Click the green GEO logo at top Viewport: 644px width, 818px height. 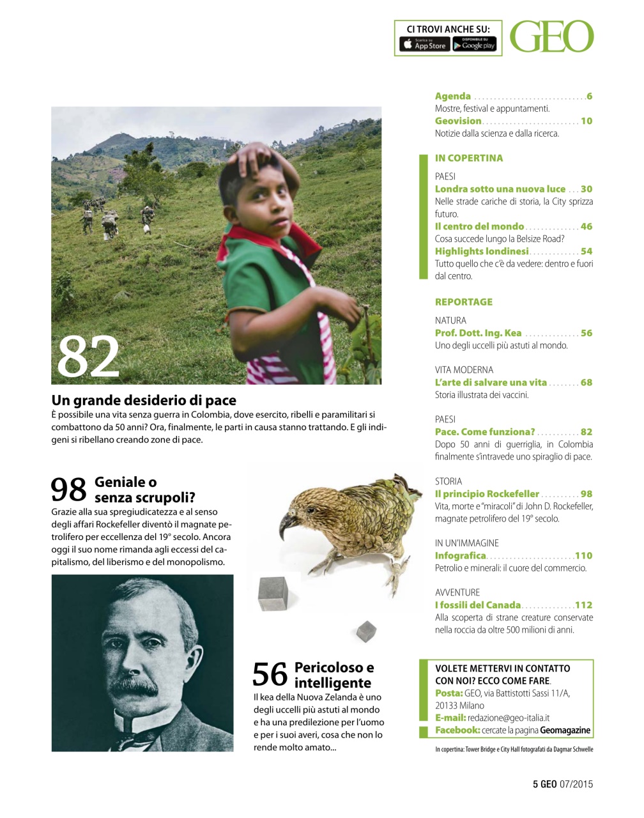pyautogui.click(x=551, y=37)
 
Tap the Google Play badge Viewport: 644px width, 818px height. pyautogui.click(x=474, y=44)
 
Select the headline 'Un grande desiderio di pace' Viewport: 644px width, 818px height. pyautogui.click(x=144, y=401)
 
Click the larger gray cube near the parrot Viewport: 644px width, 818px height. pyautogui.click(x=273, y=593)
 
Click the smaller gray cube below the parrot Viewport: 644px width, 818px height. pyautogui.click(x=366, y=631)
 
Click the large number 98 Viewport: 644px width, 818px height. pyautogui.click(x=68, y=490)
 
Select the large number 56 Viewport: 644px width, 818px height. pyautogui.click(x=270, y=675)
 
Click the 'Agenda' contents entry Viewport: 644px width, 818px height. pyautogui.click(x=453, y=96)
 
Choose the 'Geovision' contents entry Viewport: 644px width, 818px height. pyautogui.click(x=458, y=121)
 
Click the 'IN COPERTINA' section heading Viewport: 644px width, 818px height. pyautogui.click(x=468, y=158)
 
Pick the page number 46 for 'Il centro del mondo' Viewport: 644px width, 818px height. pyautogui.click(x=586, y=227)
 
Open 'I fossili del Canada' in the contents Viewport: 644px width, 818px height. pyautogui.click(x=477, y=605)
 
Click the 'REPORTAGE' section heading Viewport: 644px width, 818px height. pyautogui.click(x=463, y=302)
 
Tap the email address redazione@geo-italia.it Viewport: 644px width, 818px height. pyautogui.click(x=508, y=718)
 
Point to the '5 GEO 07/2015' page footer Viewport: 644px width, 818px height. pyautogui.click(x=562, y=784)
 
